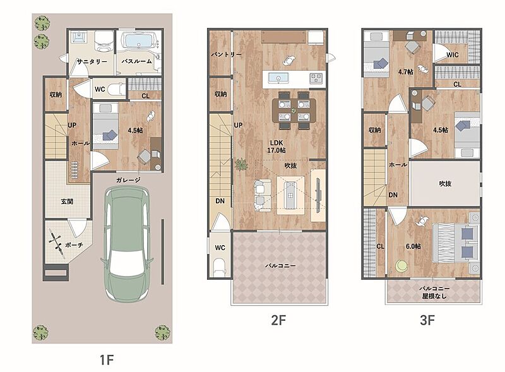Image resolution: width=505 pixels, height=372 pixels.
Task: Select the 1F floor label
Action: tap(107, 360)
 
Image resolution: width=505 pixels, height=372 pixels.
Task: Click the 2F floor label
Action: tap(278, 320)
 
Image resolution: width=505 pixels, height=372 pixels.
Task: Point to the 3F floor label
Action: tap(427, 320)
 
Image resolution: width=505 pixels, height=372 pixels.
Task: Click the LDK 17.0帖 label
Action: tap(276, 147)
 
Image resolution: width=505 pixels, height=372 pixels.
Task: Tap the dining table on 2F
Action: tap(294, 111)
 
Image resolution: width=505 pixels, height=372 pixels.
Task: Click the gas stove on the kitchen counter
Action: tap(316, 78)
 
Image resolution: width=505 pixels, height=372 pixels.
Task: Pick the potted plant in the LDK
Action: tap(241, 165)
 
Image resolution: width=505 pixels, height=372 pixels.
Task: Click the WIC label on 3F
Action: tap(452, 55)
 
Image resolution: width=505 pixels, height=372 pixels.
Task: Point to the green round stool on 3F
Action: tap(401, 266)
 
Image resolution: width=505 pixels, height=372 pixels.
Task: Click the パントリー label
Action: tap(226, 54)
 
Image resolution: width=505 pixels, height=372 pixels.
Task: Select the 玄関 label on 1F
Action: tap(67, 202)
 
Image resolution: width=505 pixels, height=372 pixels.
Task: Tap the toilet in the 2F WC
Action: tap(219, 267)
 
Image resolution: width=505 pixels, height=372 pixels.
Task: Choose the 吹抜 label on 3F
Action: tap(445, 183)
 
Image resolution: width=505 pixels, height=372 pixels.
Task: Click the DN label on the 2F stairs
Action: tap(220, 201)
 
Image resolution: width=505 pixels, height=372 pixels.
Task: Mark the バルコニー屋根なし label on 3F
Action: tap(434, 292)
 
